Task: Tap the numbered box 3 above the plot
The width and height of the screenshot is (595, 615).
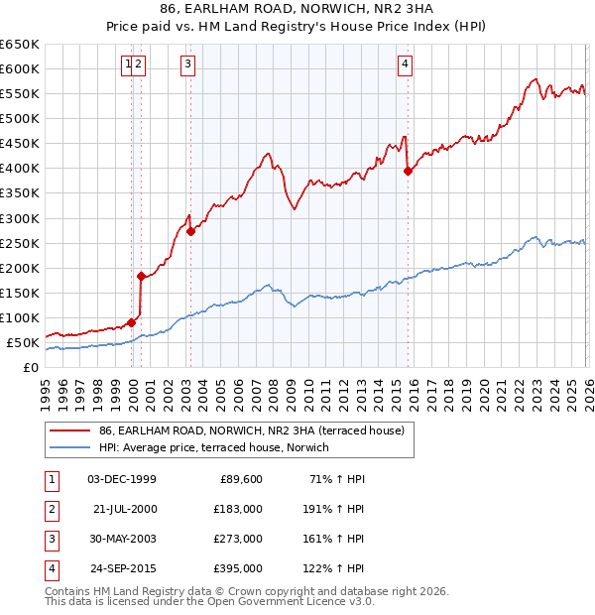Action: tap(187, 65)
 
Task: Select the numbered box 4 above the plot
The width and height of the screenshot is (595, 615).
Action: tap(406, 65)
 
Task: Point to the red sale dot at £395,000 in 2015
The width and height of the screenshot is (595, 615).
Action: tap(408, 171)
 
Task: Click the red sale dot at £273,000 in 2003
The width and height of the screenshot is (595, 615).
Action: tap(190, 231)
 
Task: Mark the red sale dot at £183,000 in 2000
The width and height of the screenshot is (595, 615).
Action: tap(141, 276)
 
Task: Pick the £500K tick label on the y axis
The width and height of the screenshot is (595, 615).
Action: tap(20, 119)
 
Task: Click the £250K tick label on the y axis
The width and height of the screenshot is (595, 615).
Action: tap(20, 243)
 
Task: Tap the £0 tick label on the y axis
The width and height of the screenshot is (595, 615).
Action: tap(30, 368)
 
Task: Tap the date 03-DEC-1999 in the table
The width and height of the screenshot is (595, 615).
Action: tap(122, 479)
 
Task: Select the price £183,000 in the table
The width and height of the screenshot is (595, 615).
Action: tap(238, 509)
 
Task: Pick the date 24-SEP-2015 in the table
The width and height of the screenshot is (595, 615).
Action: tap(122, 569)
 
